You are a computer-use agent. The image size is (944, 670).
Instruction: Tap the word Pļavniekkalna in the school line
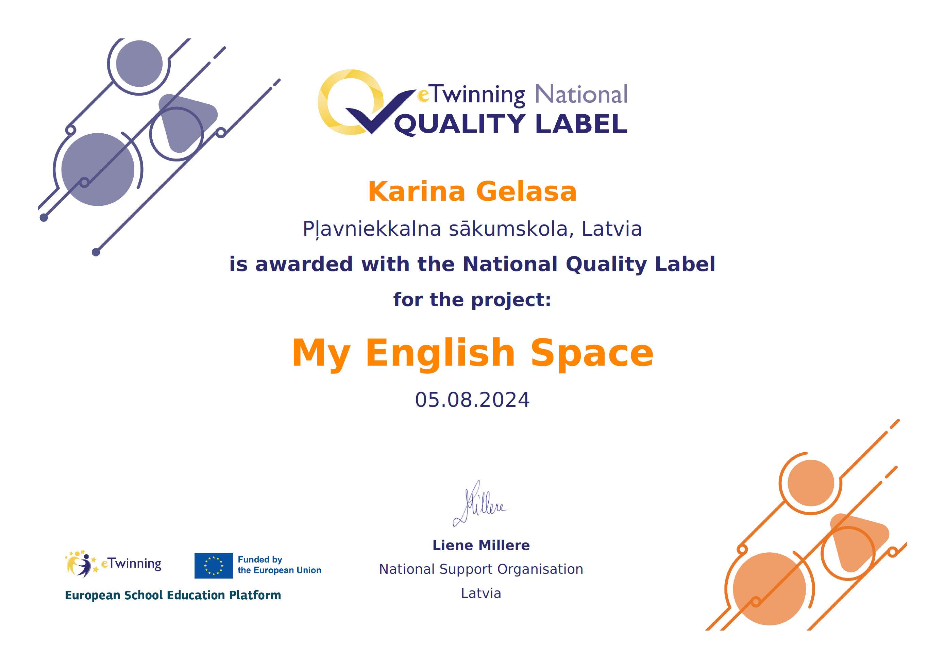(x=372, y=229)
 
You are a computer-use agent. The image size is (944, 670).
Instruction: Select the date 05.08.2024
(x=472, y=400)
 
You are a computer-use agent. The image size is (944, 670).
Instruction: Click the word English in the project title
(x=440, y=354)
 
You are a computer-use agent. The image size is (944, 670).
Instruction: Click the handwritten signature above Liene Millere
(x=481, y=504)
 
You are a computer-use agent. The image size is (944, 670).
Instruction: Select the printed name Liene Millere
(x=481, y=546)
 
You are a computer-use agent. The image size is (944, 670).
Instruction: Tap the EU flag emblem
(x=214, y=566)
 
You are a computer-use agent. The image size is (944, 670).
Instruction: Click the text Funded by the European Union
(x=279, y=565)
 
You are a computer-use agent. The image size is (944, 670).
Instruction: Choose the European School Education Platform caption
(x=173, y=595)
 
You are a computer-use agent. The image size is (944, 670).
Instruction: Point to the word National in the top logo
(x=581, y=95)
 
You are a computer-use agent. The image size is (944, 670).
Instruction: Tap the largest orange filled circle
(x=770, y=589)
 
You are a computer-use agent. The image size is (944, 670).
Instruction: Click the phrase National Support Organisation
(x=481, y=569)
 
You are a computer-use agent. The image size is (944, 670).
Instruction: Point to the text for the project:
(x=472, y=300)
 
